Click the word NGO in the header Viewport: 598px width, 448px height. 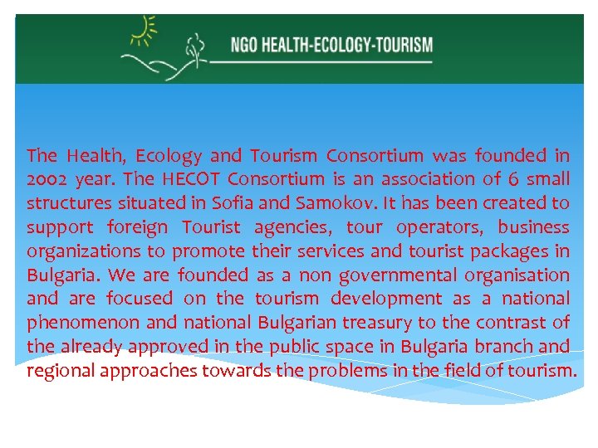coord(245,44)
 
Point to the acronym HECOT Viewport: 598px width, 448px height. coord(194,179)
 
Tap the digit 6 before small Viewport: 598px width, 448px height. coord(515,179)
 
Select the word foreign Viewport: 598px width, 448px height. coord(137,227)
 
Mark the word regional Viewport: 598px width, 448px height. coord(61,371)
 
